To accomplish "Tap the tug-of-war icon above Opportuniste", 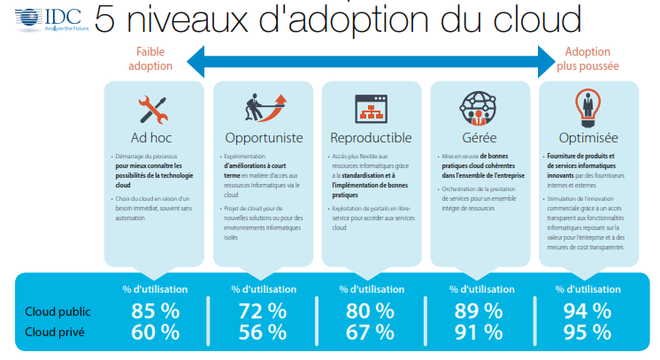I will coord(263,108).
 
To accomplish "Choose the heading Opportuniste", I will coord(264,138).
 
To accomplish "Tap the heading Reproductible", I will coord(371,138).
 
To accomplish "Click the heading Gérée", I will coord(479,138).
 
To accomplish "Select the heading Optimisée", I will coord(588,138).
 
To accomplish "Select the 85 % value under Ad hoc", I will coord(156,311).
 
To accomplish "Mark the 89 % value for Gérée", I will coord(480,311).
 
